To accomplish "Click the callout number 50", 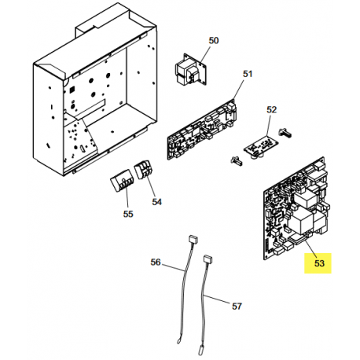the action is [x=213, y=41].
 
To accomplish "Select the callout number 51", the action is [x=248, y=74].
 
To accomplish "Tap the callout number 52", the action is [x=271, y=109].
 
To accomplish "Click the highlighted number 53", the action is [x=319, y=263].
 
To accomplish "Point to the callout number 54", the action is [x=156, y=202].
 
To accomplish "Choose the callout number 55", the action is [x=128, y=214].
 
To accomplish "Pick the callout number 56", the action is [x=156, y=262].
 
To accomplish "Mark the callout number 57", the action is [x=237, y=306].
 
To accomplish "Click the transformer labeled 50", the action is [x=190, y=70].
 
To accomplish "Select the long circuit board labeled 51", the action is [x=202, y=130].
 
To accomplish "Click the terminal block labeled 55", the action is [x=123, y=184].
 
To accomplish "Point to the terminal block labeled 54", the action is [x=143, y=170].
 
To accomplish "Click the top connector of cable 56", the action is [x=193, y=240].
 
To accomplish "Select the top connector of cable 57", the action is [x=208, y=259].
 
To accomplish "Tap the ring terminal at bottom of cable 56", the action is [x=179, y=341].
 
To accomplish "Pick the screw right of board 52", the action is [x=285, y=132].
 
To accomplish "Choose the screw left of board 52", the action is [x=237, y=160].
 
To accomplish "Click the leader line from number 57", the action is [x=217, y=299].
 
